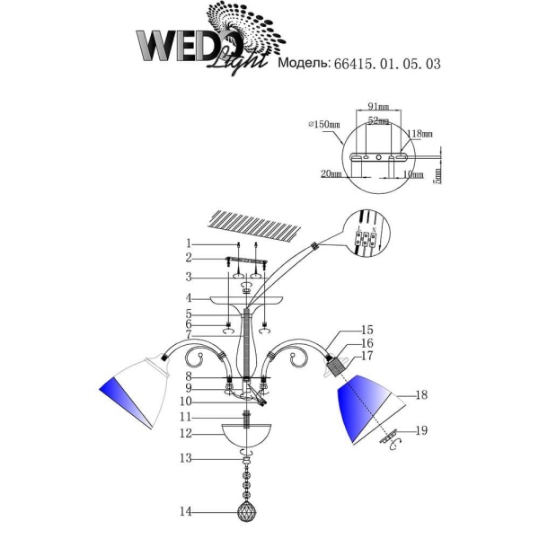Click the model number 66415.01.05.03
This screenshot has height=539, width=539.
387,66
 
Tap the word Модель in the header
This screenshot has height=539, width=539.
305,66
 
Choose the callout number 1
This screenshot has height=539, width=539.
189,243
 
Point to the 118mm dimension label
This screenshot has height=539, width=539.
420,133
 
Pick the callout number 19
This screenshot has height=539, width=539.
422,431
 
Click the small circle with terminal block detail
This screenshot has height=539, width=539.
367,239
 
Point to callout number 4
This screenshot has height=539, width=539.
189,296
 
